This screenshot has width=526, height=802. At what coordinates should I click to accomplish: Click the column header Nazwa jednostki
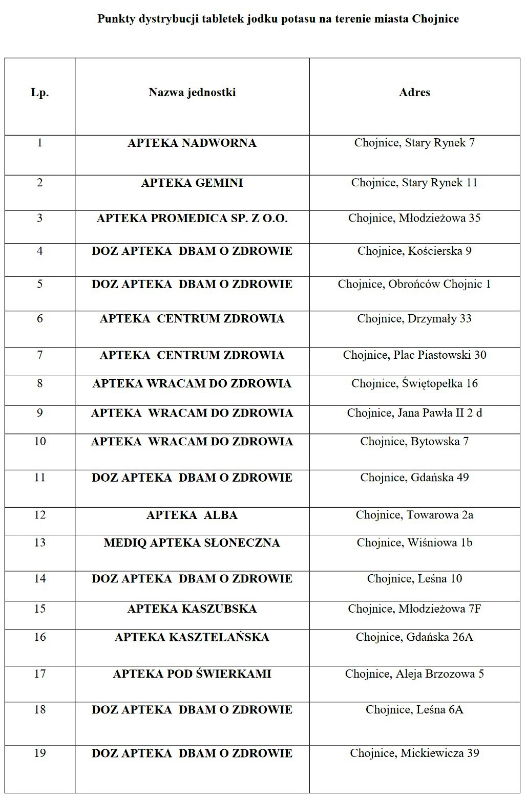192,93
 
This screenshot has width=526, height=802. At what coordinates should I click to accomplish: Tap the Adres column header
414,93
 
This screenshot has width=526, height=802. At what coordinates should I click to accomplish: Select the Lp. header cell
40,93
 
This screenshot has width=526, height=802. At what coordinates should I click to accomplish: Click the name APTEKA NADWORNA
192,143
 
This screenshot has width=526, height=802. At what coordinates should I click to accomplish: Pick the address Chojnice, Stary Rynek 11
414,183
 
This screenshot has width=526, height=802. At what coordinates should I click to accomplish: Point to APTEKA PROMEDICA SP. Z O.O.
192,219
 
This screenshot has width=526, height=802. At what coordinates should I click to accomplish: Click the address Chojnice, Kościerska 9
414,251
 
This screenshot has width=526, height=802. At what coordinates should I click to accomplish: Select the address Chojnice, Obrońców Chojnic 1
414,284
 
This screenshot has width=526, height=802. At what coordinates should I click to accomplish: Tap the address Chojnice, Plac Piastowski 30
414,355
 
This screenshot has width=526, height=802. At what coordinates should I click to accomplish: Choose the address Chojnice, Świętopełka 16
414,383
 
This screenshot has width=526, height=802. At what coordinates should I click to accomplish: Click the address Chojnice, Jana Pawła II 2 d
414,413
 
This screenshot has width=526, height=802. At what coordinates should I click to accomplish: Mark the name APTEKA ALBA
192,515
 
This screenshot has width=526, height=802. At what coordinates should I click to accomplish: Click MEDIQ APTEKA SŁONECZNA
192,543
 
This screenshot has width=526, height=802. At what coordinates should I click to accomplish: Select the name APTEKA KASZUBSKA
192,609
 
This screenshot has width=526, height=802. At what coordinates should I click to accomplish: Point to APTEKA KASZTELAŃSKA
192,637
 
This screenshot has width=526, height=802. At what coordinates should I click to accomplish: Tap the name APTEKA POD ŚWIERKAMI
192,674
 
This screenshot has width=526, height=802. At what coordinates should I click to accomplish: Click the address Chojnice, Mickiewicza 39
414,753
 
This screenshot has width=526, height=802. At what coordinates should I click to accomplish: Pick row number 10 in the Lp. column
40,442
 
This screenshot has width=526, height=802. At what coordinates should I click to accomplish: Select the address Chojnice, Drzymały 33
414,319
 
